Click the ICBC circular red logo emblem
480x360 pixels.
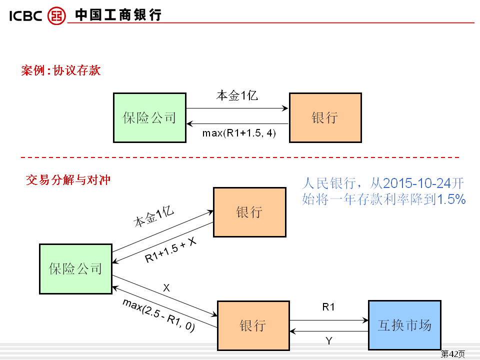pos(56,15)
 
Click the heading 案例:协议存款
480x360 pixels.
pos(61,70)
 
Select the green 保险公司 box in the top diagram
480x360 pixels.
pos(149,117)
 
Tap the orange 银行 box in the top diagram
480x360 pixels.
pos(325,117)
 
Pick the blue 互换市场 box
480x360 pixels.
pos(404,325)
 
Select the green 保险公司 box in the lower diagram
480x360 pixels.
pos(75,268)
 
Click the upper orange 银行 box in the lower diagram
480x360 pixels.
pos(249,212)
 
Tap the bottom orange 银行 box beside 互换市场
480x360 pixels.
pos(253,325)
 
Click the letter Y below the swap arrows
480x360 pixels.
pos(328,341)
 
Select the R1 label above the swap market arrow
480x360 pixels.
pos(328,307)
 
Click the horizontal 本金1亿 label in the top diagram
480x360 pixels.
pos(237,95)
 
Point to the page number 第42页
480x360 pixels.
pos(452,354)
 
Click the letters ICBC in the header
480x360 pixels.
pos(25,16)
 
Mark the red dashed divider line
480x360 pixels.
pos(240,157)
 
